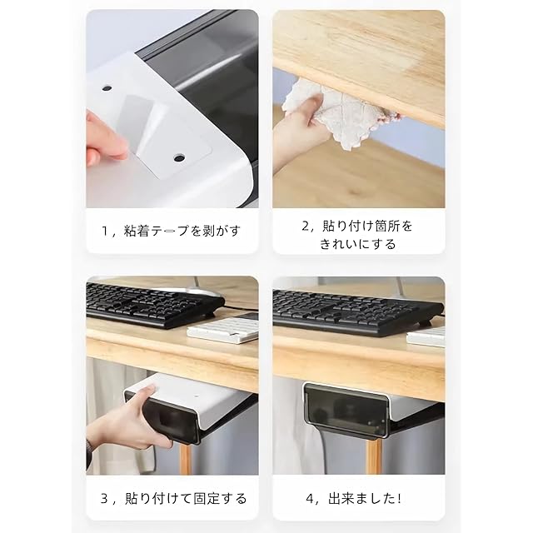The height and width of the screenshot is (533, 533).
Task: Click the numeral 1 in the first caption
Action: [x=105, y=232]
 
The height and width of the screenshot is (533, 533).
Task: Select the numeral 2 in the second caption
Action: [x=305, y=226]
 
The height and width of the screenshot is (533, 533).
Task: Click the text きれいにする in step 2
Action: [x=357, y=244]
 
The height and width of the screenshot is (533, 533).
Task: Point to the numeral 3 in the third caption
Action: [x=104, y=499]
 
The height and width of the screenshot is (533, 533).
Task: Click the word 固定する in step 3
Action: [x=220, y=499]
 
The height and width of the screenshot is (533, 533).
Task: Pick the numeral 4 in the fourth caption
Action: [x=309, y=499]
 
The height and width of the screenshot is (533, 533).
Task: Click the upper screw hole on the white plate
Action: [x=107, y=88]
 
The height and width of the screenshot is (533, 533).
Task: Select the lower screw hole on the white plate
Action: [x=179, y=157]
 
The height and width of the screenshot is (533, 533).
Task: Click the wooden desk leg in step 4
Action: [x=373, y=456]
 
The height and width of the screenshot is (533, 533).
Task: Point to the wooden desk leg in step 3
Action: [x=185, y=459]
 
